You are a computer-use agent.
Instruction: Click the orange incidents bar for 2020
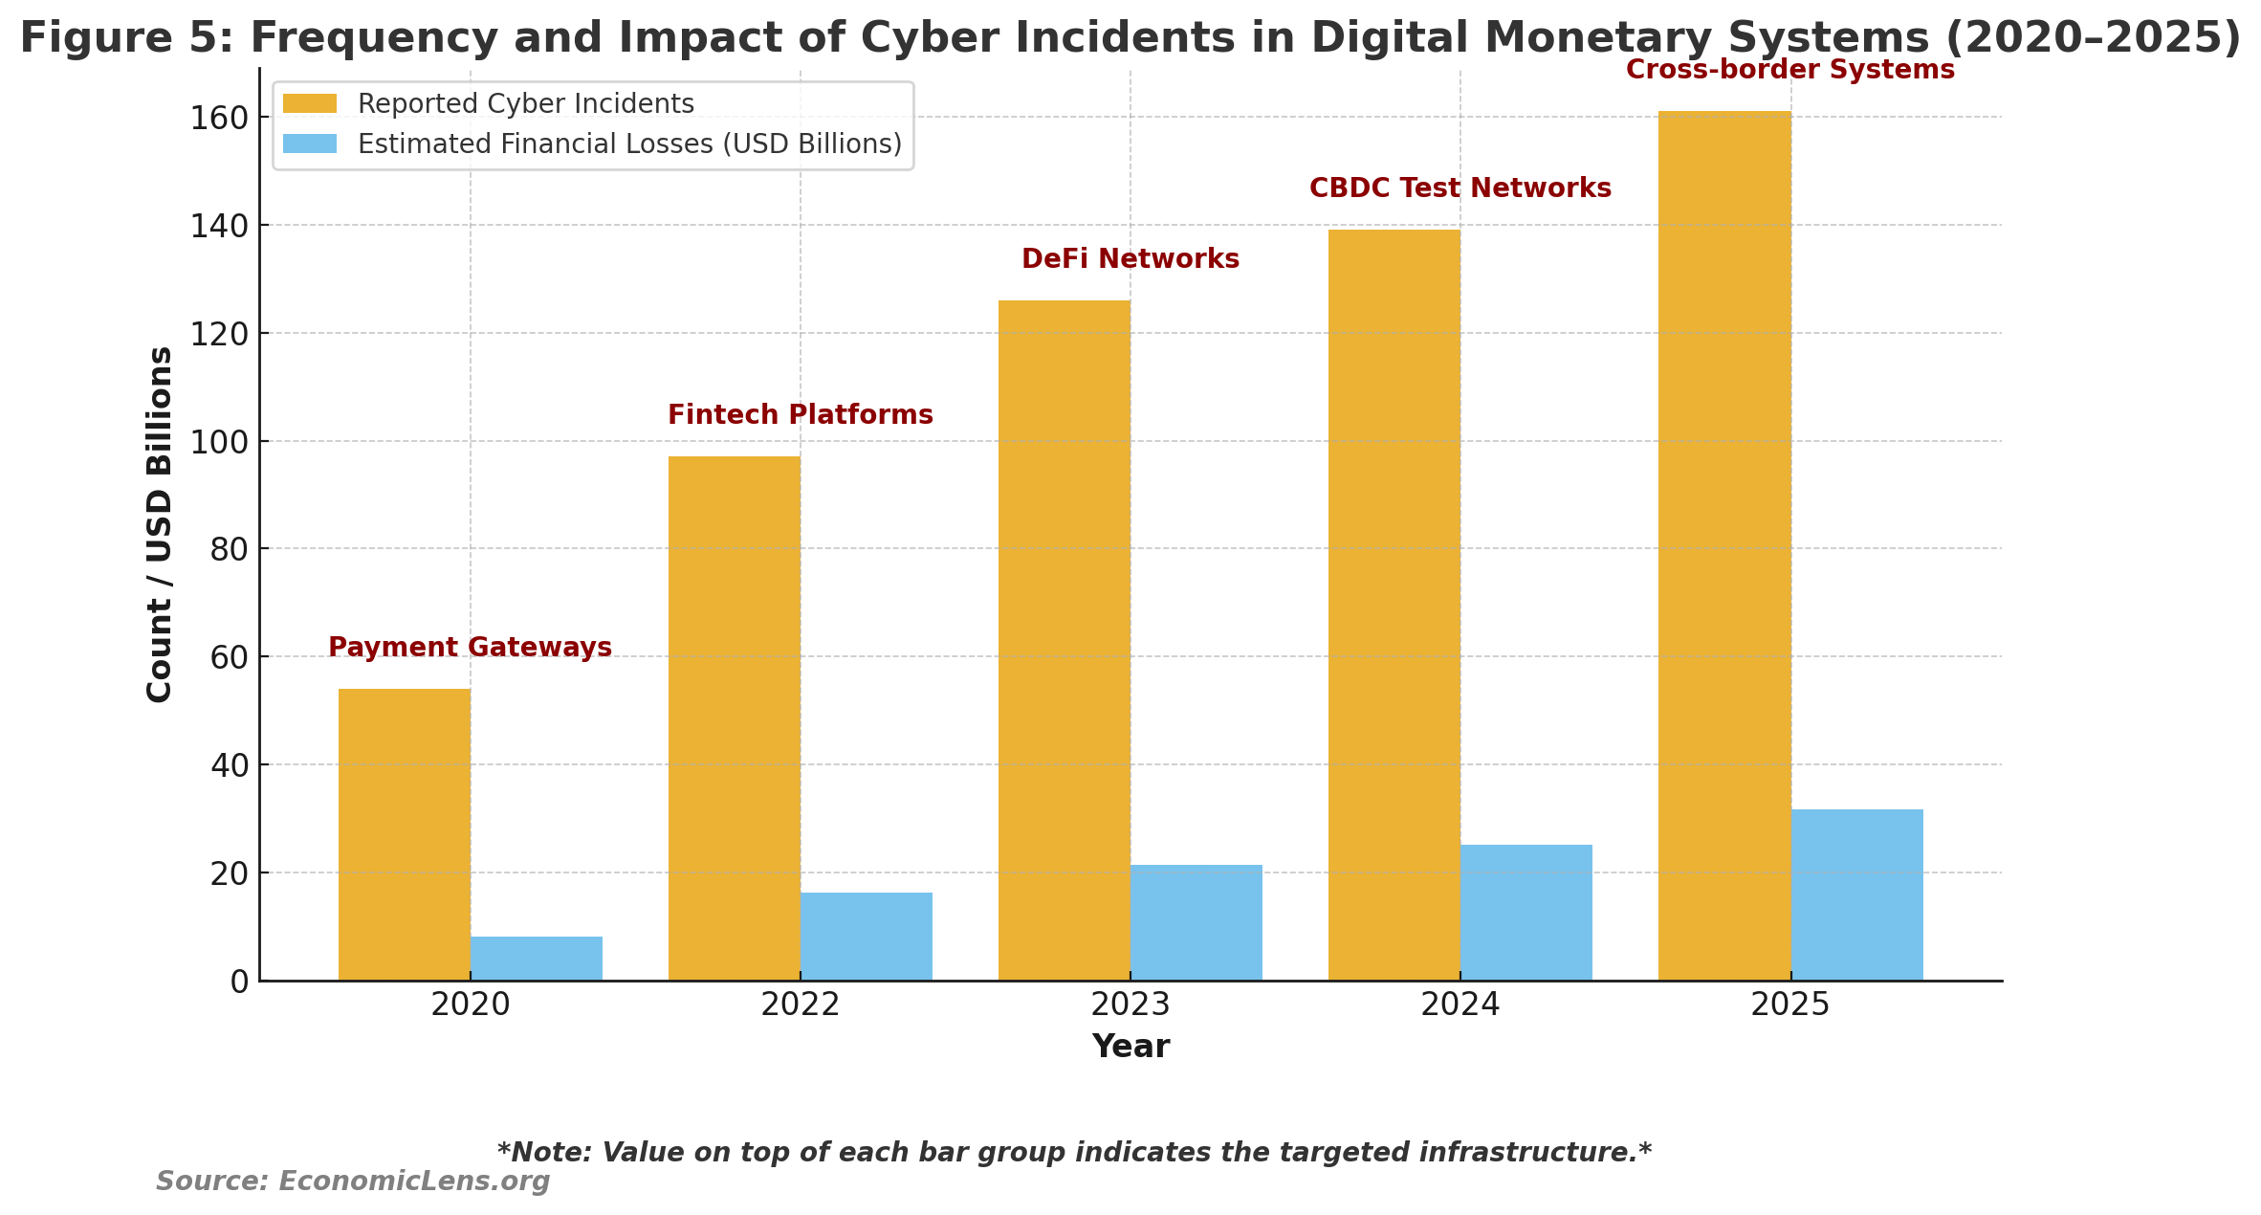pyautogui.click(x=404, y=834)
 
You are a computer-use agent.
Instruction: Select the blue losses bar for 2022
pyautogui.click(x=867, y=937)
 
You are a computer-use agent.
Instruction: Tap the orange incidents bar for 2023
pyautogui.click(x=1064, y=640)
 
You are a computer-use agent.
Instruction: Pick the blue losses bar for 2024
pyautogui.click(x=1526, y=913)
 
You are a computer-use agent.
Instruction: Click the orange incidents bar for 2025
pyautogui.click(x=1724, y=545)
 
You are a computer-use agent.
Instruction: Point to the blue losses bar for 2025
pyautogui.click(x=1856, y=895)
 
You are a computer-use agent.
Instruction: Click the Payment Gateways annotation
pyautogui.click(x=470, y=648)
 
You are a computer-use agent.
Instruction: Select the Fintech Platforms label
pyautogui.click(x=800, y=415)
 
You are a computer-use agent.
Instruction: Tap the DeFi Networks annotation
pyautogui.click(x=1130, y=259)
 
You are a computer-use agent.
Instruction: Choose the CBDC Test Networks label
pyautogui.click(x=1460, y=188)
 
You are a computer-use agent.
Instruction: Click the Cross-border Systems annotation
pyautogui.click(x=1789, y=70)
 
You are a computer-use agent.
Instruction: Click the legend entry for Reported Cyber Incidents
pyautogui.click(x=525, y=104)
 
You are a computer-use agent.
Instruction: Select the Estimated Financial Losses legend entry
pyautogui.click(x=629, y=144)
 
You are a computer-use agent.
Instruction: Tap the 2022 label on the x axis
pyautogui.click(x=800, y=1005)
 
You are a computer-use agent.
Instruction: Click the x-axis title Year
pyautogui.click(x=1130, y=1047)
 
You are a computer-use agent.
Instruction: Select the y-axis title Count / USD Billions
pyautogui.click(x=160, y=524)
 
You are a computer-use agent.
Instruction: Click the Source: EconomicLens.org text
pyautogui.click(x=353, y=1182)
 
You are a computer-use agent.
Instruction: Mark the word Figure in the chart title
pyautogui.click(x=85, y=38)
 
